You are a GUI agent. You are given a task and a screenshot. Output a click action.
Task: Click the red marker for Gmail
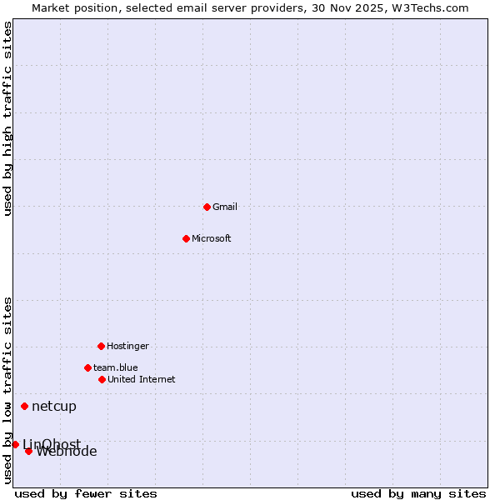click(x=207, y=207)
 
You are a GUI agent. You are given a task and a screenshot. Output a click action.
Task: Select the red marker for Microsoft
click(x=186, y=238)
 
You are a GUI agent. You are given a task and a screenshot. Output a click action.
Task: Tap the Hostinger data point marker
click(x=101, y=346)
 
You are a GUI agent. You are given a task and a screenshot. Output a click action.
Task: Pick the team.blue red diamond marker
click(x=87, y=367)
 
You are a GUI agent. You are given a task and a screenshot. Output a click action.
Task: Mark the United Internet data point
click(x=102, y=379)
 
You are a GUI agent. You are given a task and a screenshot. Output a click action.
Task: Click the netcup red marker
click(x=24, y=406)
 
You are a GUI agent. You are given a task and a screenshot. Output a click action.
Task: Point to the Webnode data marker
click(x=28, y=451)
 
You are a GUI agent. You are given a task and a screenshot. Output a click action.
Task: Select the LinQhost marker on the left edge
click(x=15, y=444)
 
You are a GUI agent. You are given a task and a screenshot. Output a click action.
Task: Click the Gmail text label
click(x=225, y=207)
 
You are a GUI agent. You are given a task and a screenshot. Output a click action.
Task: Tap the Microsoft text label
click(x=212, y=238)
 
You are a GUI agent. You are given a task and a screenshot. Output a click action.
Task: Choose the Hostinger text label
click(x=127, y=346)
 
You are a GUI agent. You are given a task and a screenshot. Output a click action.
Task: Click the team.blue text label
click(x=116, y=367)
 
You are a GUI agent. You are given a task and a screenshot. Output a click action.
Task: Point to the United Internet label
click(x=142, y=379)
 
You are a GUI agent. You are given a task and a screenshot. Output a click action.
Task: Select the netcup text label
click(x=54, y=407)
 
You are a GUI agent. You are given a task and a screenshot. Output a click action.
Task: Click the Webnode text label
click(x=67, y=452)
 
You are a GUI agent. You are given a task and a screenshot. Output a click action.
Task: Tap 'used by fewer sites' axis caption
click(x=86, y=493)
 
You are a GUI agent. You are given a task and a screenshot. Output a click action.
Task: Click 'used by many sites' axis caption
click(x=418, y=493)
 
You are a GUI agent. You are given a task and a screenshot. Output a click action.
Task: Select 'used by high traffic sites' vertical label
click(x=8, y=118)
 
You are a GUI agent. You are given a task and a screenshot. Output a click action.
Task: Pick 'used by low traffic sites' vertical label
click(x=8, y=389)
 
